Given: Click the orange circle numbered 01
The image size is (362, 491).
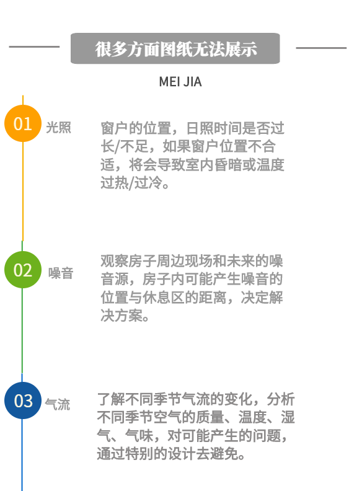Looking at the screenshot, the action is (23, 123).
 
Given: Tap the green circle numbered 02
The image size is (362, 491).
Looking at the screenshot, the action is (23, 270).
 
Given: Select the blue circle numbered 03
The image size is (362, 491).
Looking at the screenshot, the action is (23, 400).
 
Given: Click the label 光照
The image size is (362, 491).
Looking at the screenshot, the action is (58, 128).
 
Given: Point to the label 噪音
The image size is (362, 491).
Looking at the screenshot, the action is (61, 273).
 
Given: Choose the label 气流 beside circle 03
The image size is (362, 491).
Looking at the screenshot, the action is (57, 404).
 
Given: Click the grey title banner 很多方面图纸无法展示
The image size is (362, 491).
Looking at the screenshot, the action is (175, 48).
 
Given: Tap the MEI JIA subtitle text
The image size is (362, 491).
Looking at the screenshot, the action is (180, 82).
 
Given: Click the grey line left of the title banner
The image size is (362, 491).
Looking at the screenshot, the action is (34, 46).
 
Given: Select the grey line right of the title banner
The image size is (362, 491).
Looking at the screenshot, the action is (321, 48).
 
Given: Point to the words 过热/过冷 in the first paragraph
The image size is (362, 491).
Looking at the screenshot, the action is (131, 182).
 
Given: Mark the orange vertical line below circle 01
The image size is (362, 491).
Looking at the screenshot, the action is (23, 192).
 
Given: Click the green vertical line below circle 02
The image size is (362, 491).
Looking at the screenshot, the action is (22, 330).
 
